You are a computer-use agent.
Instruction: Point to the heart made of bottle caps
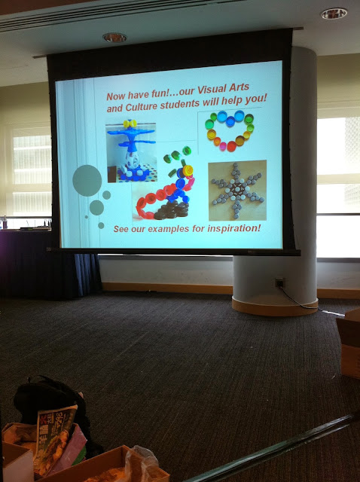[x=230, y=130]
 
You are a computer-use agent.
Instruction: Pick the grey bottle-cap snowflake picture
[x=237, y=191]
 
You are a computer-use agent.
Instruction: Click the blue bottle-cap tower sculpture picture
[x=131, y=152]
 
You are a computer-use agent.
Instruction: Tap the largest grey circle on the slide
[x=87, y=181]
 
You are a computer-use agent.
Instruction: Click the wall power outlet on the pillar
[x=279, y=282]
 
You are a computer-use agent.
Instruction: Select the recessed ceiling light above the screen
[x=114, y=38]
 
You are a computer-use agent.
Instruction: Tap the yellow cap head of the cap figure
[x=188, y=170]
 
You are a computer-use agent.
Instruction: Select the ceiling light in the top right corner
[x=334, y=14]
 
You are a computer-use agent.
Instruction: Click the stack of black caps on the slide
[x=172, y=210]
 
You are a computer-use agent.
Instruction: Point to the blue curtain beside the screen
[x=88, y=273]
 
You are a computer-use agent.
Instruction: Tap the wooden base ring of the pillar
[x=275, y=307]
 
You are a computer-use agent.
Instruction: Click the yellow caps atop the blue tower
[x=130, y=124]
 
